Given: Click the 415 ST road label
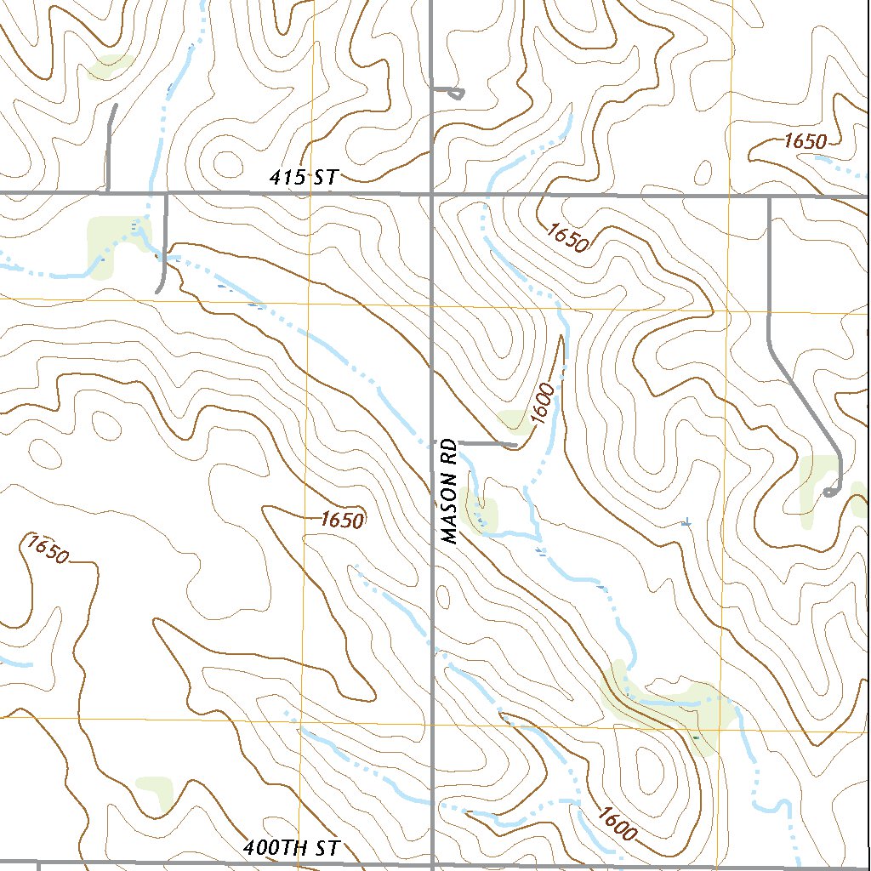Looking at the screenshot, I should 304,178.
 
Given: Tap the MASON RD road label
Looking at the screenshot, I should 450,491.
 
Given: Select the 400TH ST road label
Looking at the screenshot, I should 292,848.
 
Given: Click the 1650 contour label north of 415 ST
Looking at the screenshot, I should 804,142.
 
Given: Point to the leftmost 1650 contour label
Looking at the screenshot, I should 45,549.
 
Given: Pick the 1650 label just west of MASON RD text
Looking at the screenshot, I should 343,519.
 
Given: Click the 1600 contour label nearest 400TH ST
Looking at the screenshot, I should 616,823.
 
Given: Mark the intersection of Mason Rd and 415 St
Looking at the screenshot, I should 431,194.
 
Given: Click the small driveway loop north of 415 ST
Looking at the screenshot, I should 457,93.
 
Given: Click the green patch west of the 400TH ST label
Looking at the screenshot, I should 155,789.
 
